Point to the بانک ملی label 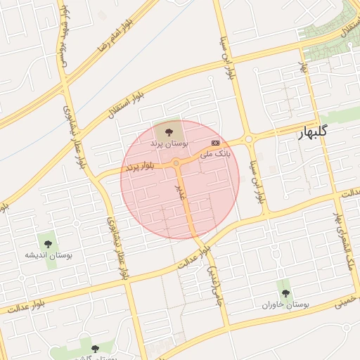[x=214, y=153]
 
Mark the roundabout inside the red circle [x=176, y=164]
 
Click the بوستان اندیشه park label [x=49, y=255]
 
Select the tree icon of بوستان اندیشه [x=48, y=244]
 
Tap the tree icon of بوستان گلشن [x=95, y=349]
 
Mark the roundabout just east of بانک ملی [x=248, y=139]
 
